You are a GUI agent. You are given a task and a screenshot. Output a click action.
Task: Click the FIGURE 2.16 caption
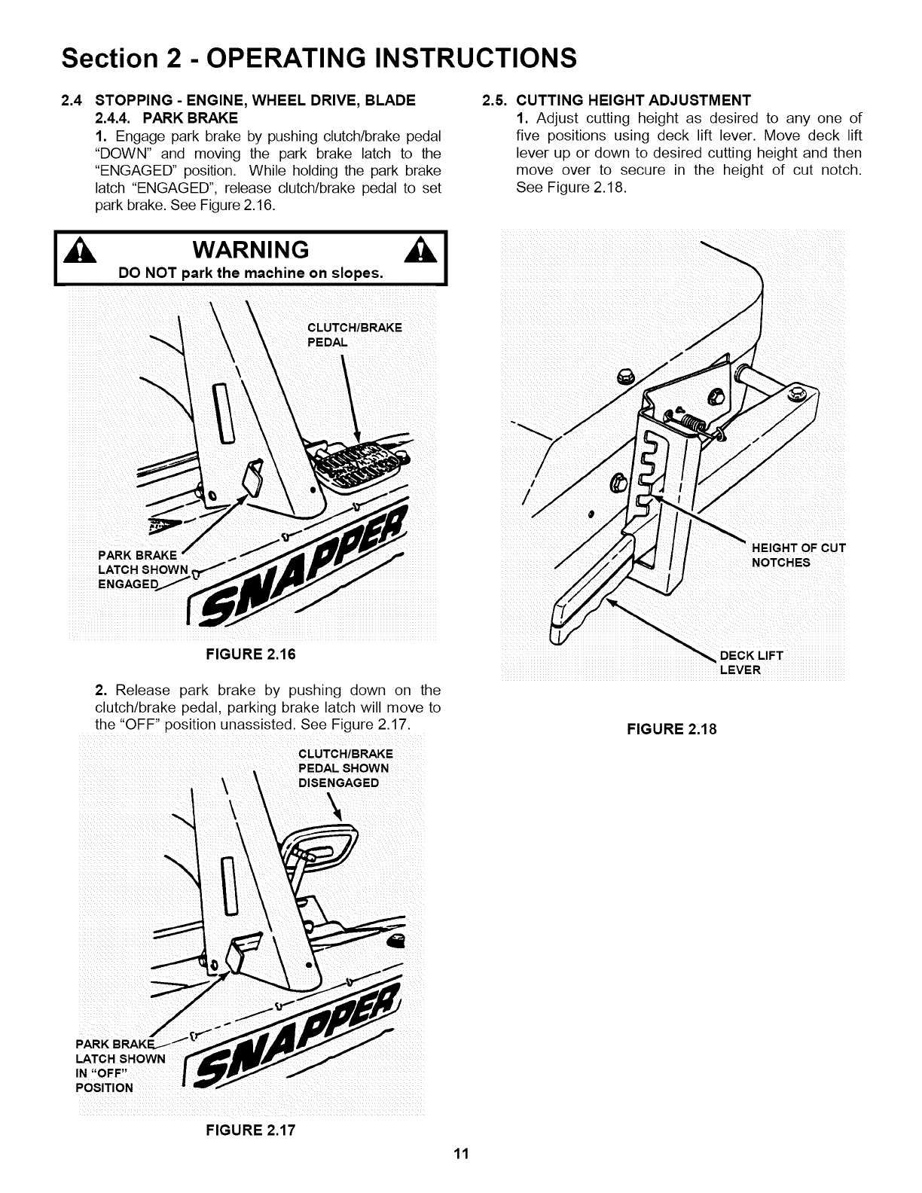click(x=251, y=654)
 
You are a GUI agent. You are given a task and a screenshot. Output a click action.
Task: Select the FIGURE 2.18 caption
click(x=666, y=729)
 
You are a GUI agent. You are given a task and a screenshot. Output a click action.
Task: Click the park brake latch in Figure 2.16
click(x=252, y=479)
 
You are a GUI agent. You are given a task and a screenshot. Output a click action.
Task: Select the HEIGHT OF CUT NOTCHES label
click(x=798, y=555)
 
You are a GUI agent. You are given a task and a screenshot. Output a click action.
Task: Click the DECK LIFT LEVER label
click(x=752, y=662)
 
